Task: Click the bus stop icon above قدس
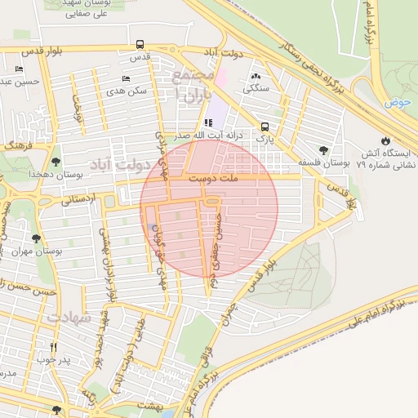point(140,45)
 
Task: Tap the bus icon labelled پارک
point(265,127)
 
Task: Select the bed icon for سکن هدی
point(125,79)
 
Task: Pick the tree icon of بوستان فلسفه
point(324,150)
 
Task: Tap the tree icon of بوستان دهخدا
point(56,162)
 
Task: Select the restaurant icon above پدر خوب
point(54,346)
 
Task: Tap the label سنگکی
point(257,87)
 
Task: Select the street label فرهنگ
point(15,144)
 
